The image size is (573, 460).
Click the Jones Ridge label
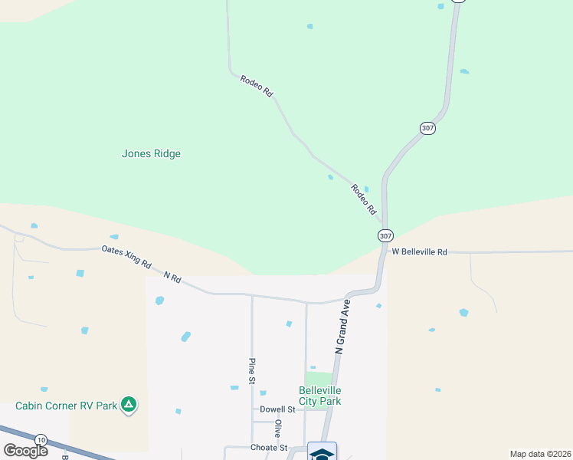(x=151, y=153)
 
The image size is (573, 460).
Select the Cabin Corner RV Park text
(x=66, y=406)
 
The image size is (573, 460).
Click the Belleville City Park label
(x=319, y=396)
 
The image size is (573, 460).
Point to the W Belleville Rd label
(x=419, y=251)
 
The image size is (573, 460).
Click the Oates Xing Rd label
(x=126, y=256)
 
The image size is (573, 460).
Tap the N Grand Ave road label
(x=342, y=330)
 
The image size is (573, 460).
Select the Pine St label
(x=251, y=370)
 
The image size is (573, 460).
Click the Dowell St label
(x=277, y=409)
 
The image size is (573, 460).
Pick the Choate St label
(x=268, y=448)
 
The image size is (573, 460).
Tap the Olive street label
(x=278, y=428)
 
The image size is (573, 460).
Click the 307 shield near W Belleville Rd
(x=385, y=235)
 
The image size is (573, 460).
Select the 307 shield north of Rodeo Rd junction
(x=427, y=128)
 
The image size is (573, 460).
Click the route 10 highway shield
(x=41, y=439)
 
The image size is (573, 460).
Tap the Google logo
(x=25, y=451)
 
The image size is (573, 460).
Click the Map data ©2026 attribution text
(x=541, y=454)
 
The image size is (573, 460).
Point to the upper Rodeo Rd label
(x=257, y=85)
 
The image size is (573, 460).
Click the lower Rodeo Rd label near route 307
(x=364, y=199)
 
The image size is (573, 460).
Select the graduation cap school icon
(x=322, y=452)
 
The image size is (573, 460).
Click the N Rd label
(x=172, y=277)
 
